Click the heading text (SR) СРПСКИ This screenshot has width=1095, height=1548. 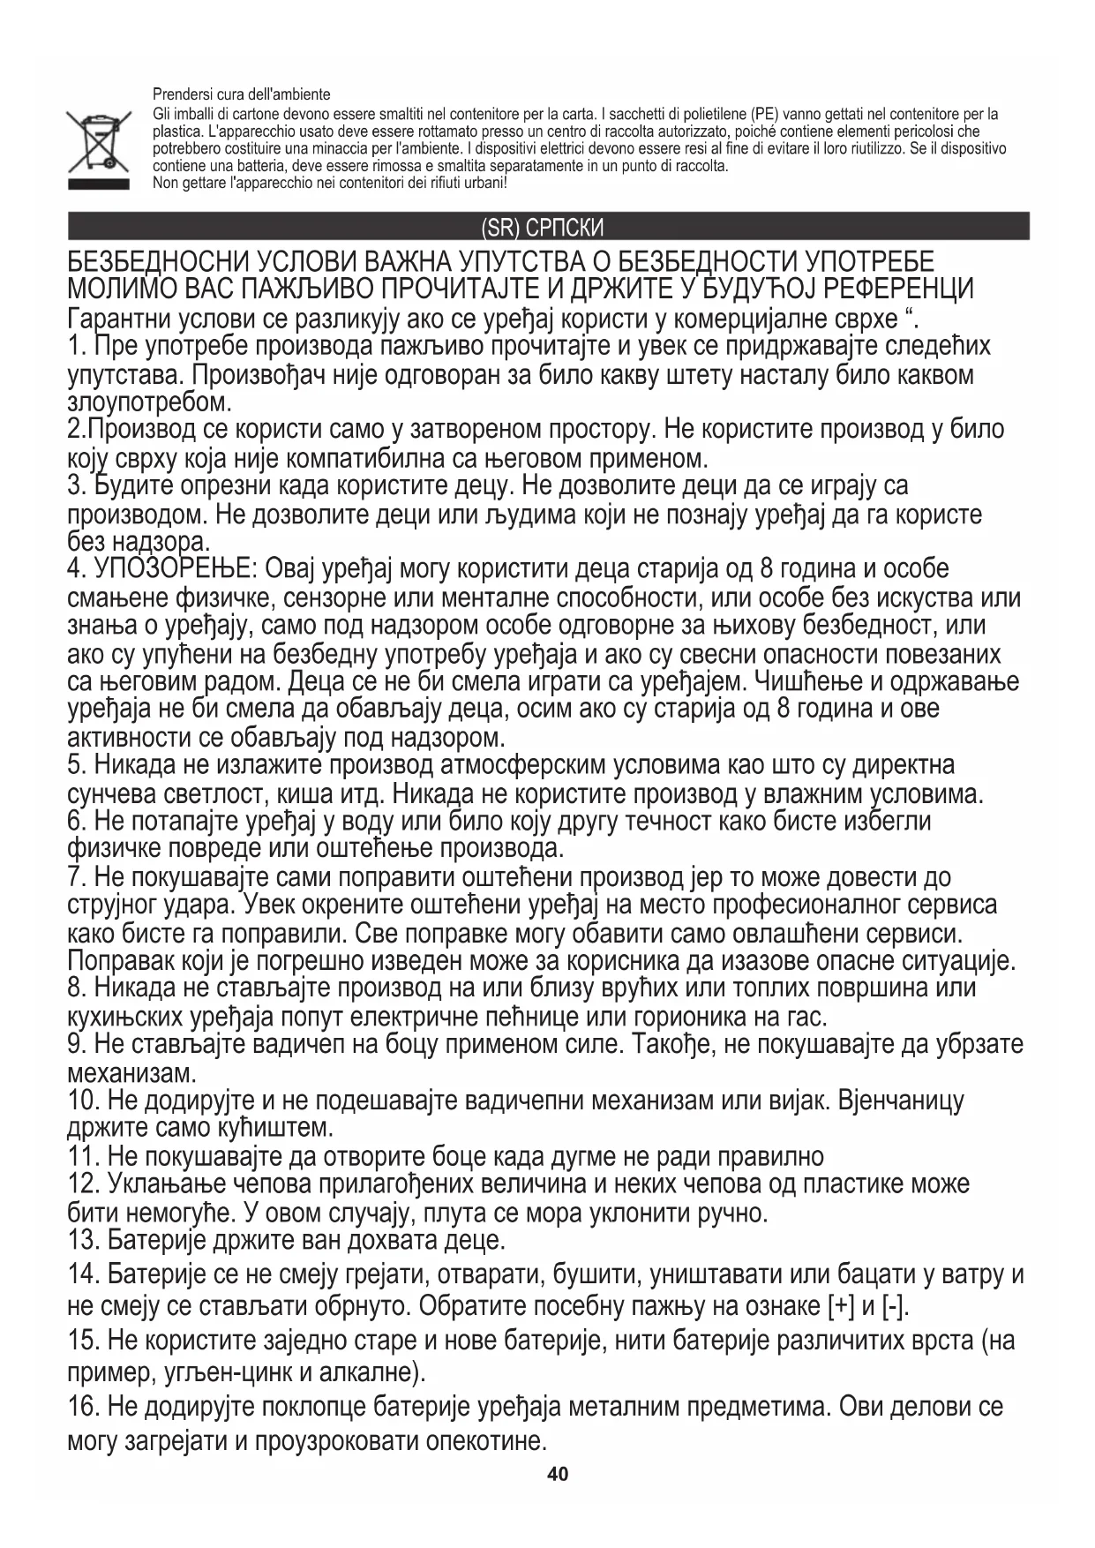[x=543, y=229]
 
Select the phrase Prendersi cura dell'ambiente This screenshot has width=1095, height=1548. [x=242, y=94]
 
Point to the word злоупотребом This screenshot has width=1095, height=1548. [x=149, y=402]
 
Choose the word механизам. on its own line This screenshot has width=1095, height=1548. [x=131, y=1074]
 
